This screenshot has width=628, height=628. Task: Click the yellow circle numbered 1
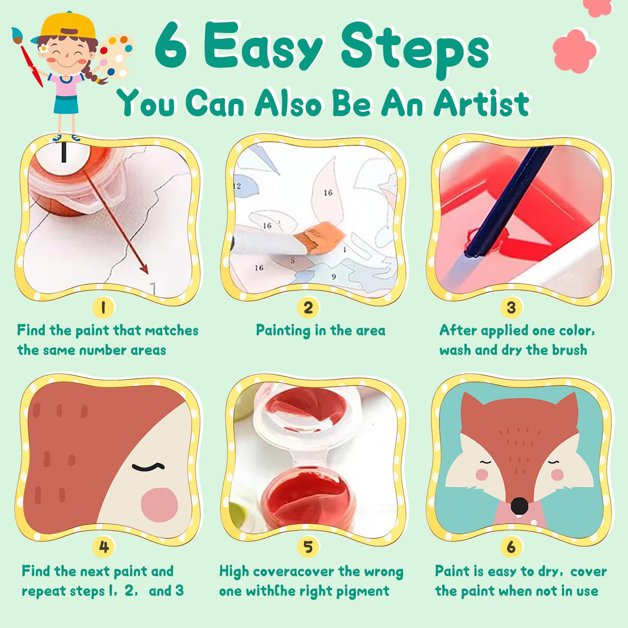point(103,308)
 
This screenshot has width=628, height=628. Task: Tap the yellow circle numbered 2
point(308,308)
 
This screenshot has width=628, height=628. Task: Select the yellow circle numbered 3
point(511,308)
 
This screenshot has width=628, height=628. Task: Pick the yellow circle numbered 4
point(103,547)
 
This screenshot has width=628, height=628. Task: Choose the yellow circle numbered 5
point(308,547)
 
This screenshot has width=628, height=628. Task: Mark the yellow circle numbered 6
point(511,547)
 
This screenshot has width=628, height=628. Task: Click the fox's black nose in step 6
point(519,505)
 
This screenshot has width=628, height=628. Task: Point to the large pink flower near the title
point(574,50)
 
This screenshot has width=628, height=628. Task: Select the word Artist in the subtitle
point(481,103)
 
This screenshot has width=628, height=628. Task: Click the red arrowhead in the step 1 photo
point(144,268)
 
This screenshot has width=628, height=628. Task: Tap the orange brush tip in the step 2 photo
point(323,235)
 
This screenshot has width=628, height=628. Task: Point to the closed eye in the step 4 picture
point(148,468)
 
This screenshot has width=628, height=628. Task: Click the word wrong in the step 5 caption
point(383,572)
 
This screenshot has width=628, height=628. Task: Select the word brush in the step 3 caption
point(570,350)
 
